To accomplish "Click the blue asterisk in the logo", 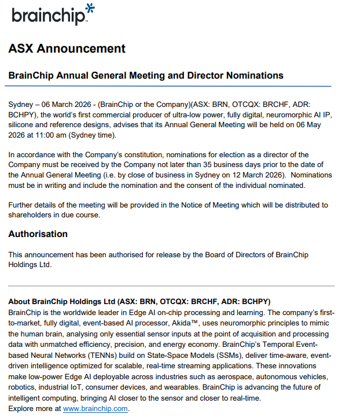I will (90, 9).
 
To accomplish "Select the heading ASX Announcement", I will (67, 49).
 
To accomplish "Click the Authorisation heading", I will (38, 234).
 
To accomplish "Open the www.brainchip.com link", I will (95, 409).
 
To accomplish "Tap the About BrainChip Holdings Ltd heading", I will (62, 302).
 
